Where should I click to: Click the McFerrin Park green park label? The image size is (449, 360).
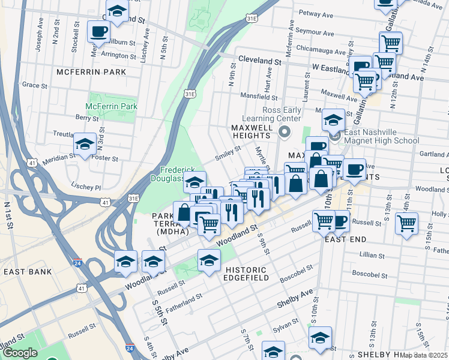111,106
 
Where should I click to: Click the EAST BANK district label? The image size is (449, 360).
28,272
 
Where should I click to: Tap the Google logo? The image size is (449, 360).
20,353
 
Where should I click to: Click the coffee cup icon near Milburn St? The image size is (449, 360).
98,31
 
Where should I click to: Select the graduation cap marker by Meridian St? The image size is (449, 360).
85,144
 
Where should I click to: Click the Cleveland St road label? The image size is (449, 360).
260,61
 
